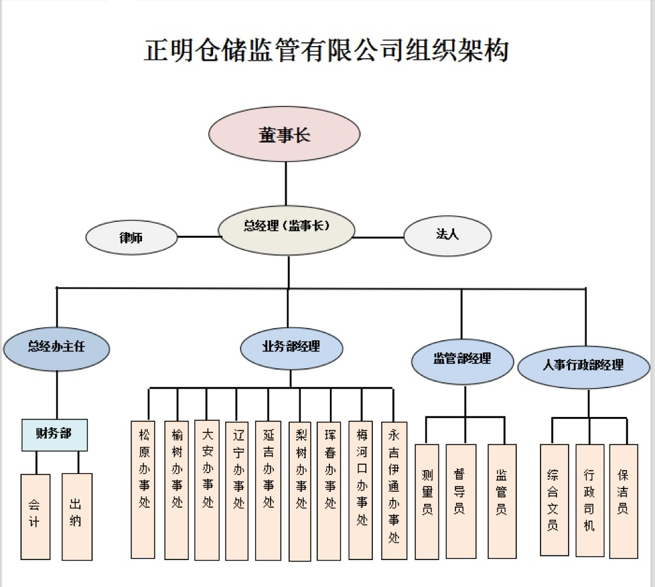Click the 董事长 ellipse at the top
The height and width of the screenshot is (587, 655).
(285, 136)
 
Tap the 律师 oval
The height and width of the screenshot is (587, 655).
(131, 237)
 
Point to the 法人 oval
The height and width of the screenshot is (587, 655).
(447, 235)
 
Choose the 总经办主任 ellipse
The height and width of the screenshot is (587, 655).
(56, 347)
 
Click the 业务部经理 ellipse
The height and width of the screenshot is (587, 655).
(291, 347)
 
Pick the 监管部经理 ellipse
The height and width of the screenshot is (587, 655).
(462, 359)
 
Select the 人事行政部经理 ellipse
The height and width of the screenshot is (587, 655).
(583, 366)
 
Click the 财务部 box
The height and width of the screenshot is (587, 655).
(54, 435)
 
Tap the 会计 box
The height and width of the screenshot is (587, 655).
(35, 516)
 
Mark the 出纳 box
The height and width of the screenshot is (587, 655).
(77, 516)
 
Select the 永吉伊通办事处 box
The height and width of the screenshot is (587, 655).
(393, 490)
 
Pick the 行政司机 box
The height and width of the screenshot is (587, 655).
(589, 500)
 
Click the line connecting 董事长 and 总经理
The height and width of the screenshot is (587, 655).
(286, 185)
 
